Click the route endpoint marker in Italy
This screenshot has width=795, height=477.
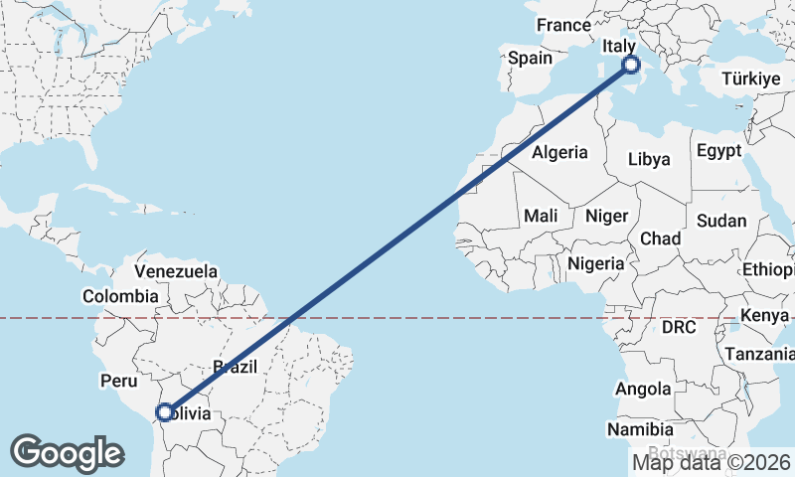click(631, 66)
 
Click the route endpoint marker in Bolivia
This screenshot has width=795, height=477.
click(165, 411)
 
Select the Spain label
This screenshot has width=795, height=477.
click(530, 58)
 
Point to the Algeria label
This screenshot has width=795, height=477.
click(559, 153)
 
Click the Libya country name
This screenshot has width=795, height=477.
click(649, 159)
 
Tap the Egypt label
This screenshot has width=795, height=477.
click(718, 151)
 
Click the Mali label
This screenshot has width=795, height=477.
click(541, 216)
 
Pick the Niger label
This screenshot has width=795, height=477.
click(607, 216)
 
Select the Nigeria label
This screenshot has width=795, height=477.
click(596, 263)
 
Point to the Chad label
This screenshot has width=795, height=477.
click(661, 238)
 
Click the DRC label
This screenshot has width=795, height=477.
click(680, 326)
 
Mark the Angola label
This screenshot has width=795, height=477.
click(642, 389)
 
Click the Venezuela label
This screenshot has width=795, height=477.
click(176, 270)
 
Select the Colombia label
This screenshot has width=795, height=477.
click(120, 295)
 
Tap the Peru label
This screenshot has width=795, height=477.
click(118, 380)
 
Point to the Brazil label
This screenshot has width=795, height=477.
click(236, 367)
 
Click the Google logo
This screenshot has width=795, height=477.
click(67, 452)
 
